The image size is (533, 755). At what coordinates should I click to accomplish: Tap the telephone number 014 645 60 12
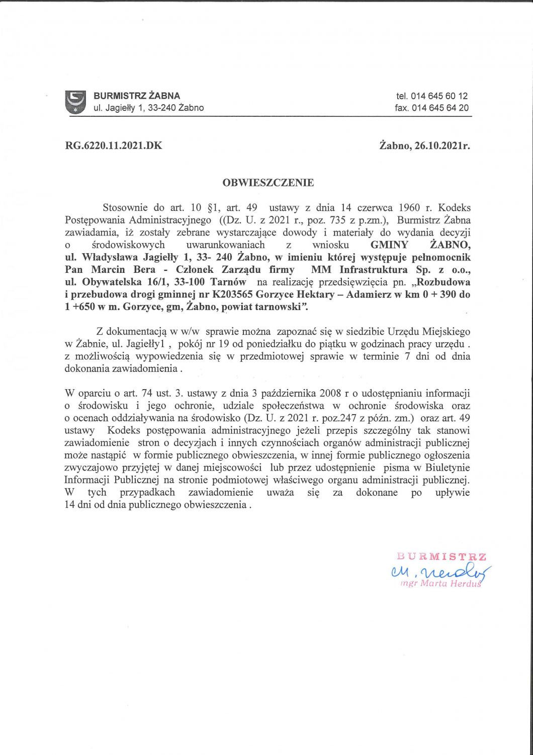point(439,96)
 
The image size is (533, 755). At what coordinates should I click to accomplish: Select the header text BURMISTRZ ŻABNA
point(137,96)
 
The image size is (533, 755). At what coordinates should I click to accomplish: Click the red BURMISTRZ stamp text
point(441,557)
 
